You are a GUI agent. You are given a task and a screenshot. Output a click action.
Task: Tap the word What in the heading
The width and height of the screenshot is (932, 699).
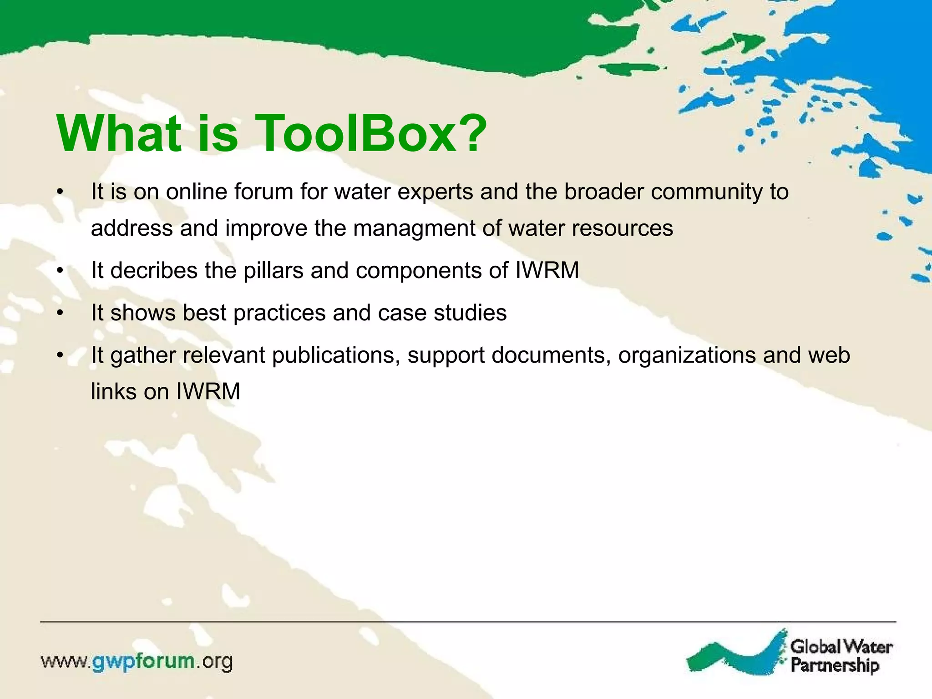pos(119,134)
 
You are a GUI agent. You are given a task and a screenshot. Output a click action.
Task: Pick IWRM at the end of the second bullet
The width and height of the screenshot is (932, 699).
pos(547,270)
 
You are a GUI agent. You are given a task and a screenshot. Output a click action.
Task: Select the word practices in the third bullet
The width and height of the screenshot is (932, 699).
pos(279,313)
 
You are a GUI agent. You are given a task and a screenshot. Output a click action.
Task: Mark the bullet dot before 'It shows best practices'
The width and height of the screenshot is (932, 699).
pos(60,313)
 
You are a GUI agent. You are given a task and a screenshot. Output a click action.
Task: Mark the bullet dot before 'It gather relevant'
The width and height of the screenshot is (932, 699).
pos(60,355)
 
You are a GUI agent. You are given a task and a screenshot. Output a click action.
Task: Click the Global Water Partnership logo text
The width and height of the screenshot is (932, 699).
pos(841,656)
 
